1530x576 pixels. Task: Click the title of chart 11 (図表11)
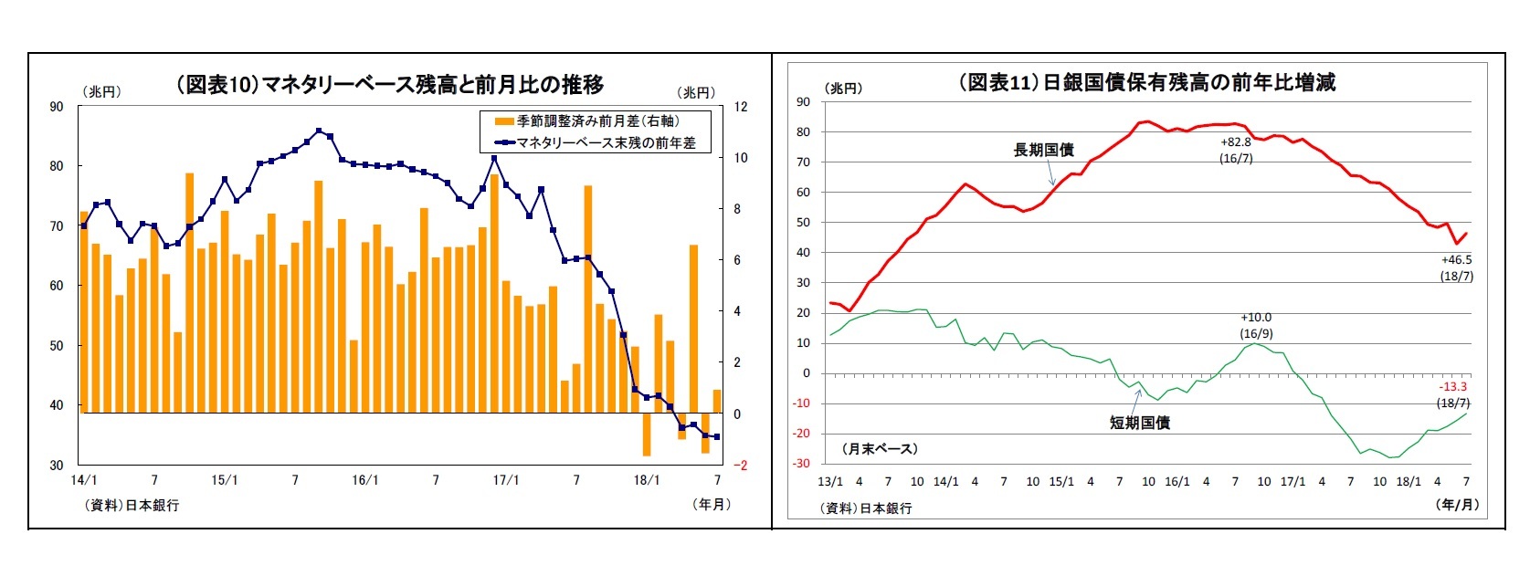click(1146, 82)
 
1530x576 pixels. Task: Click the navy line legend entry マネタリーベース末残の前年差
click(595, 142)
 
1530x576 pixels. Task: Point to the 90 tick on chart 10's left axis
click(57, 107)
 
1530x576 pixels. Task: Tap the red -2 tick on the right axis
click(742, 466)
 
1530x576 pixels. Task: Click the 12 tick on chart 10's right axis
click(741, 107)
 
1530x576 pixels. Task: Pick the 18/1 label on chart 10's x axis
click(646, 480)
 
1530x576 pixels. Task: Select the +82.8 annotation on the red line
click(1236, 142)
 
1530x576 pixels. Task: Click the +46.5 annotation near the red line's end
click(1456, 260)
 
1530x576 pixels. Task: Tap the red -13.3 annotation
click(1452, 387)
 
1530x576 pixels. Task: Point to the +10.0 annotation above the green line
click(1256, 318)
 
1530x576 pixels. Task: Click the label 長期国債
click(1043, 150)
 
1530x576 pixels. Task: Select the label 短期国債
click(1139, 423)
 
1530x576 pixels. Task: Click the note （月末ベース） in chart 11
click(880, 448)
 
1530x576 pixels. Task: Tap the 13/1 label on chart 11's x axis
click(829, 481)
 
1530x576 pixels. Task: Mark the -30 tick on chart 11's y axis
click(800, 464)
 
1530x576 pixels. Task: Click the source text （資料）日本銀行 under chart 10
click(132, 505)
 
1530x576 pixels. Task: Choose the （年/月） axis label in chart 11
click(1457, 504)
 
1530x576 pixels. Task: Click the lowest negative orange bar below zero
click(646, 435)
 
